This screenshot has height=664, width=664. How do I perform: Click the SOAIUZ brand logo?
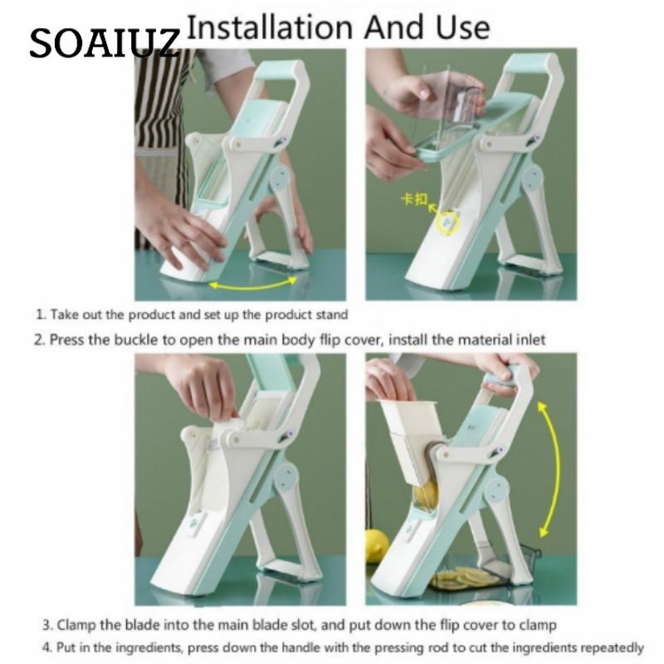[105, 43]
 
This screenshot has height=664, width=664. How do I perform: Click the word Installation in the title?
[270, 27]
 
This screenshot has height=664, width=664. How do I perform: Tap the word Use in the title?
[463, 27]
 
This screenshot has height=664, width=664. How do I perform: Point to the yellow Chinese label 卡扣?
[414, 199]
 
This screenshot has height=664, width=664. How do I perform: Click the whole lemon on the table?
[377, 546]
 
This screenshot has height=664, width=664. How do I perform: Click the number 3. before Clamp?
[48, 626]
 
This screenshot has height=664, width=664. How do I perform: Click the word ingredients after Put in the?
[149, 648]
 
